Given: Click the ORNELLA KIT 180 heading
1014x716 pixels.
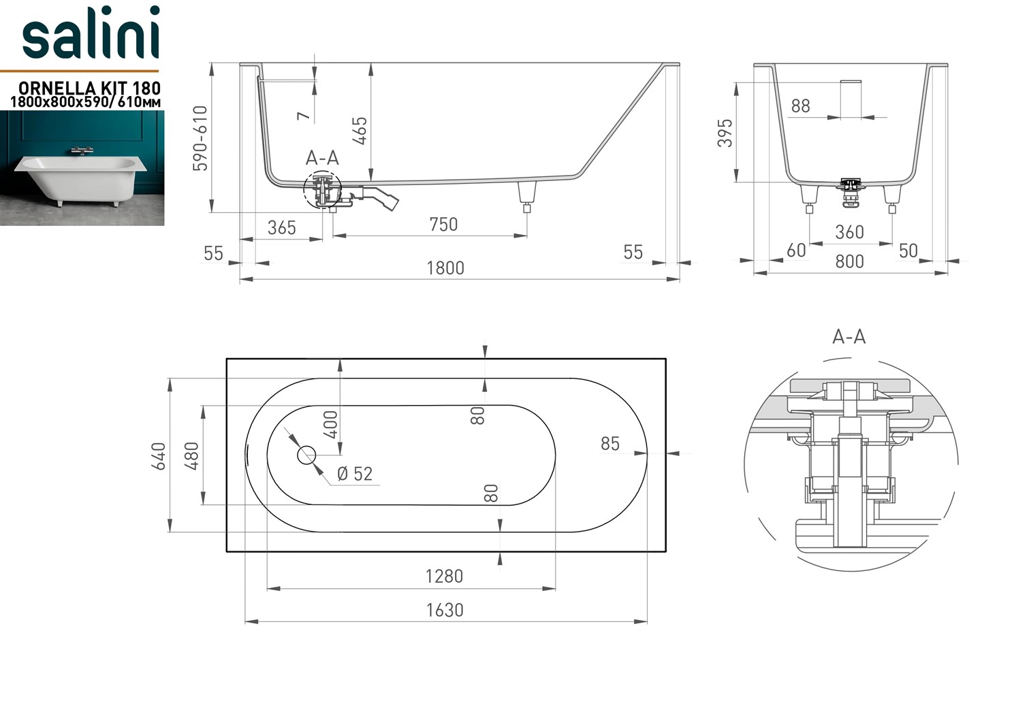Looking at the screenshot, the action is [90, 88].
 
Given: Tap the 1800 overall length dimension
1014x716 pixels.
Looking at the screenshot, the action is [445, 268].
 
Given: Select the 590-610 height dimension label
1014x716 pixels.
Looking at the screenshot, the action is [200, 138].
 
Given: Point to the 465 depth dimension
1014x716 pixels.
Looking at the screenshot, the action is [360, 131].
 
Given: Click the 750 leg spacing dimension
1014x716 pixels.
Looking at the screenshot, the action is [443, 225].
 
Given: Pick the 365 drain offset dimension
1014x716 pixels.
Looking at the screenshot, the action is [281, 227].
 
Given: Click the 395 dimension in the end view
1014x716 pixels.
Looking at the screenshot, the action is [725, 133].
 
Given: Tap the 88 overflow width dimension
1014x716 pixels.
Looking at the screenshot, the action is [800, 106].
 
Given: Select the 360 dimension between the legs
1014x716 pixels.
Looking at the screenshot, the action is [850, 232].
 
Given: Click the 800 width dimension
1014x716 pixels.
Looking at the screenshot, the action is [850, 261].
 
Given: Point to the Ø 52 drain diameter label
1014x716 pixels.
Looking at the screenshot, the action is [355, 474].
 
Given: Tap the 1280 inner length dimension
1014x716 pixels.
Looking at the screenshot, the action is [444, 576].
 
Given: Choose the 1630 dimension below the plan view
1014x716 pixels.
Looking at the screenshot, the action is [445, 610].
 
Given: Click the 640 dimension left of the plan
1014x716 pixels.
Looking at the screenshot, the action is [159, 456].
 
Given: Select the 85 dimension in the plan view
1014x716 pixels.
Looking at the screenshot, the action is [609, 444].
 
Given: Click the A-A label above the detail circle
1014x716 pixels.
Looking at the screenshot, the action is [849, 337].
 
